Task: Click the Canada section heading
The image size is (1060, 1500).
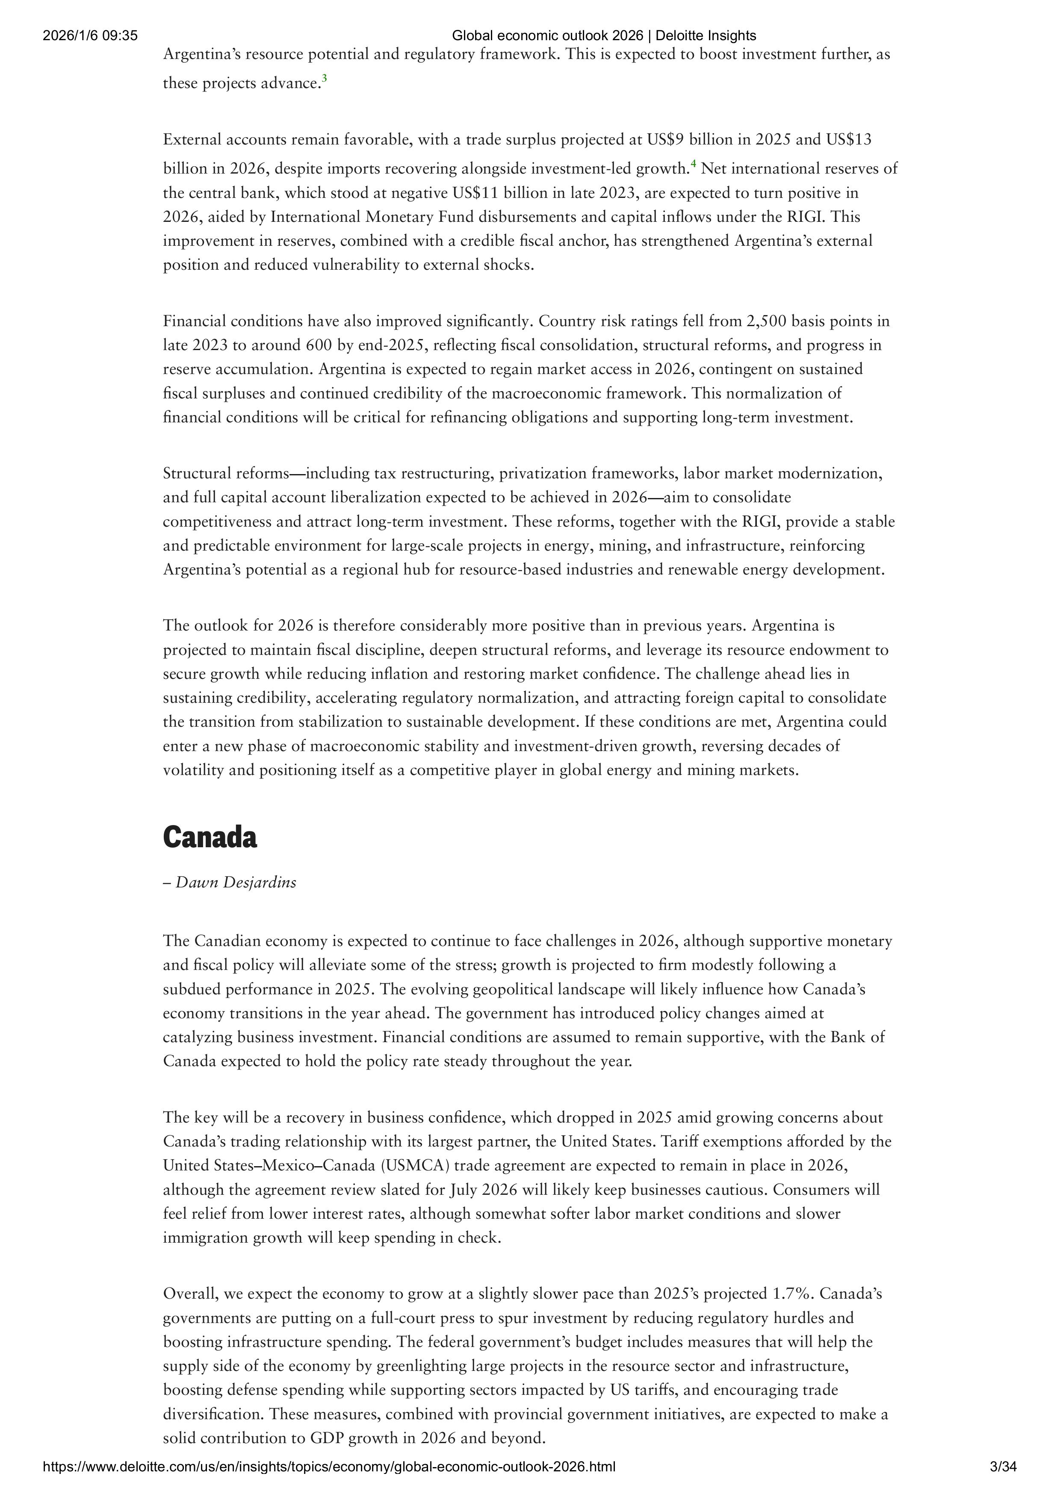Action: [x=210, y=837]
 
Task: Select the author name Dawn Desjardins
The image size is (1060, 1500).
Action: [x=236, y=883]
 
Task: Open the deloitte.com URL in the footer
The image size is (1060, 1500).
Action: [x=329, y=1485]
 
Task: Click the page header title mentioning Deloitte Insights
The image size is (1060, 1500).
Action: [x=604, y=36]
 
